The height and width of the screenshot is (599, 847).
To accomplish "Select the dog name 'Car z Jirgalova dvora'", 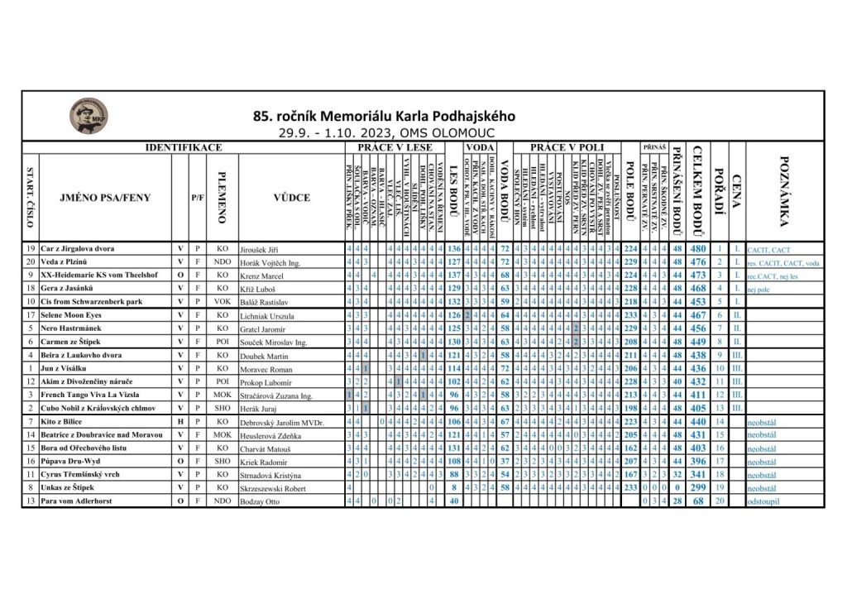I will (78, 248).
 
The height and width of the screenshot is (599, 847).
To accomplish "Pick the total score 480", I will (698, 248).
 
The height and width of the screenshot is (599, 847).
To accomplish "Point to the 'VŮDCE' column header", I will (291, 198).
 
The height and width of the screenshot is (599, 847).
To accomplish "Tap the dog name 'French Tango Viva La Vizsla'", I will (88, 395).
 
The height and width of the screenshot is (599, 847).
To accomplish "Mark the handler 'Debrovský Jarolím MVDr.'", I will (281, 422).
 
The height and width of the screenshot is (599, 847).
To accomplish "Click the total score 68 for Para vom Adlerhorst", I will (698, 501).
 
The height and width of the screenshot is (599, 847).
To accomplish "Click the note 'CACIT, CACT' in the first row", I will (768, 248).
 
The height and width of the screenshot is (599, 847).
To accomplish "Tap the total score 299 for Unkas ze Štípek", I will (698, 488).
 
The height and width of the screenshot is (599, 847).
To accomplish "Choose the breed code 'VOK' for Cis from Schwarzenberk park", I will (222, 301).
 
